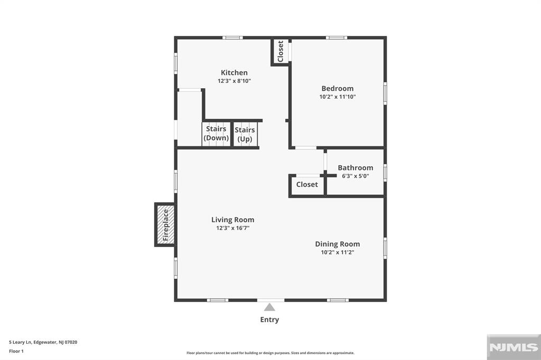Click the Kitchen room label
coord(234,73)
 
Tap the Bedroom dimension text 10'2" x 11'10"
coord(338,97)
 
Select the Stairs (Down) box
coord(217,134)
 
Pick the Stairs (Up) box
coord(245,134)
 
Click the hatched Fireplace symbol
coord(165,224)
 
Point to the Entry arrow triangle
coord(270,307)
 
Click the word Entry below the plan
coord(269,319)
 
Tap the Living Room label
coord(232,220)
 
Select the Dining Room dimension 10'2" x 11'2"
coord(338,252)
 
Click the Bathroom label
coord(356,168)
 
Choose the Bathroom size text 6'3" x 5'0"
coord(356,176)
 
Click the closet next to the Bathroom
coord(307,185)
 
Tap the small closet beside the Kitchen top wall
coord(280,51)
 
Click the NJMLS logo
coord(513,347)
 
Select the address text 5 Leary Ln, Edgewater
coord(43,342)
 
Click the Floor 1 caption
coord(16,350)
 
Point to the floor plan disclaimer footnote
coord(270,353)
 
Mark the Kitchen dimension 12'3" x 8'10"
coord(234,81)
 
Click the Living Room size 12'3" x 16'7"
coord(232,228)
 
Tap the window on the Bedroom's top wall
coord(337,37)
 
